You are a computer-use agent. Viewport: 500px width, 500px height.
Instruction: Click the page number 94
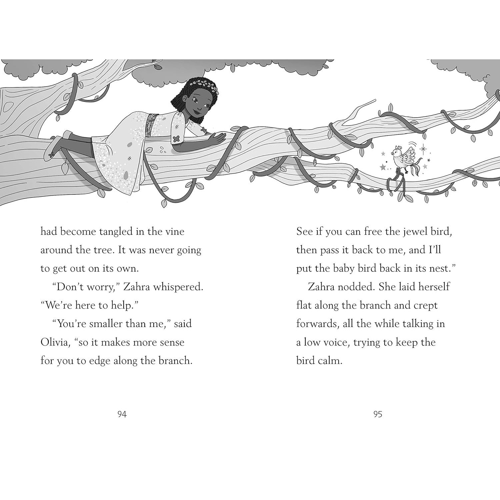click(122, 414)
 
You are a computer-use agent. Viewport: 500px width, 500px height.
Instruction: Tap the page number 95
click(378, 414)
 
